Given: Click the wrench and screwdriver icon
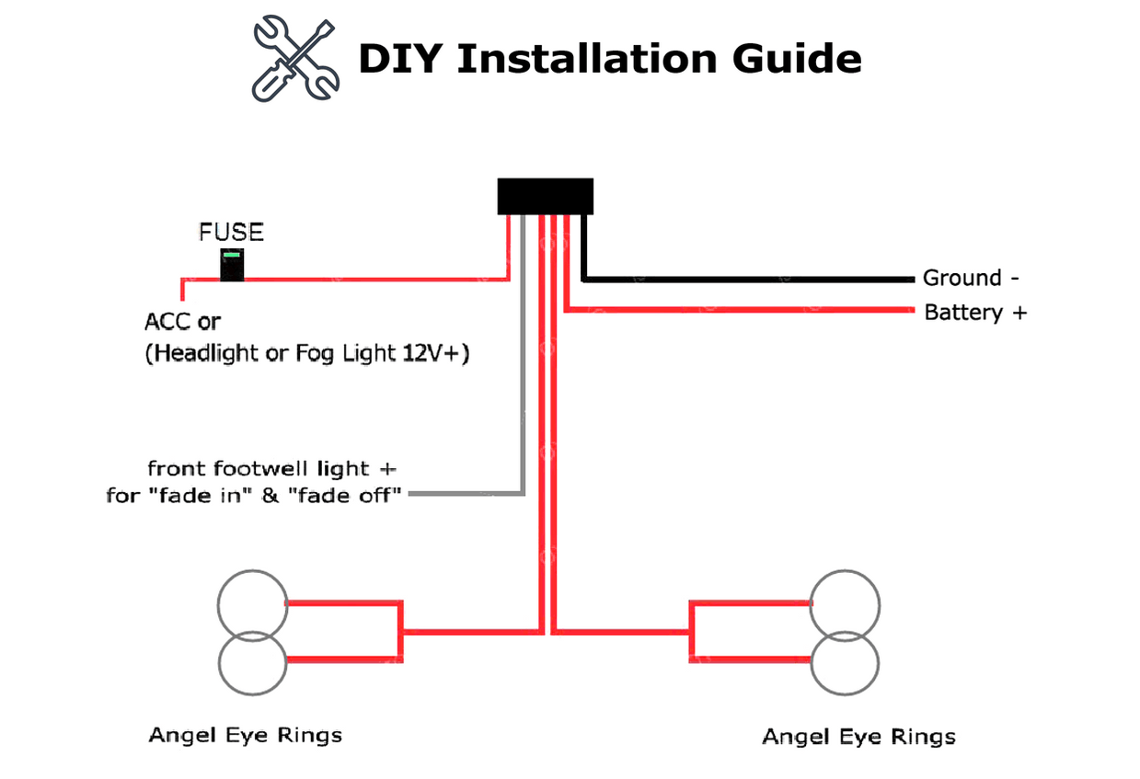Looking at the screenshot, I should [295, 57].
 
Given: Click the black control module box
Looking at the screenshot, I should [545, 196].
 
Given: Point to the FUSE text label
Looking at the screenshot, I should [231, 232].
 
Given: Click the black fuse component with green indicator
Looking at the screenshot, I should [233, 265].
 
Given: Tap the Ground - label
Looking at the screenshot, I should [971, 278].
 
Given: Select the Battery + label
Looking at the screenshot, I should [974, 313].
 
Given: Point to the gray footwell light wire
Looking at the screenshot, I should [523, 368].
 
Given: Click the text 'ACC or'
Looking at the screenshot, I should [183, 323].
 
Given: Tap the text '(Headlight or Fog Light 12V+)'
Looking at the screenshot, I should [306, 353].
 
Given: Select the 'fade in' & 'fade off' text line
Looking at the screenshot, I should [254, 496].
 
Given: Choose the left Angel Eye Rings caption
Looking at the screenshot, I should [245, 735].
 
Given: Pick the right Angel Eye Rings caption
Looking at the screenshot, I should [858, 737].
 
